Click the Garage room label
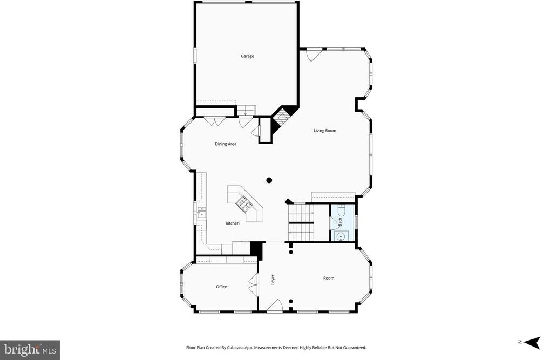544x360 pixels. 247,56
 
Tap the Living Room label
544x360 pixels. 325,131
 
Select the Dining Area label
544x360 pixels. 226,144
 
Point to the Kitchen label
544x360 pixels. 233,223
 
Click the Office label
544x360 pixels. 221,287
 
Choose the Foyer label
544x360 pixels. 273,280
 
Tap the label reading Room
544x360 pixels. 329,278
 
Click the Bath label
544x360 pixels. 340,222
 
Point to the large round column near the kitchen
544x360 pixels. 269,180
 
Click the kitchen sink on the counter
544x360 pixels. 202,212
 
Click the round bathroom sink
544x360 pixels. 341,236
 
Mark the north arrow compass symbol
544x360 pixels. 533,342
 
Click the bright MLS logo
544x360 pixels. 30,350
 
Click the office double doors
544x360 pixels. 253,284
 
